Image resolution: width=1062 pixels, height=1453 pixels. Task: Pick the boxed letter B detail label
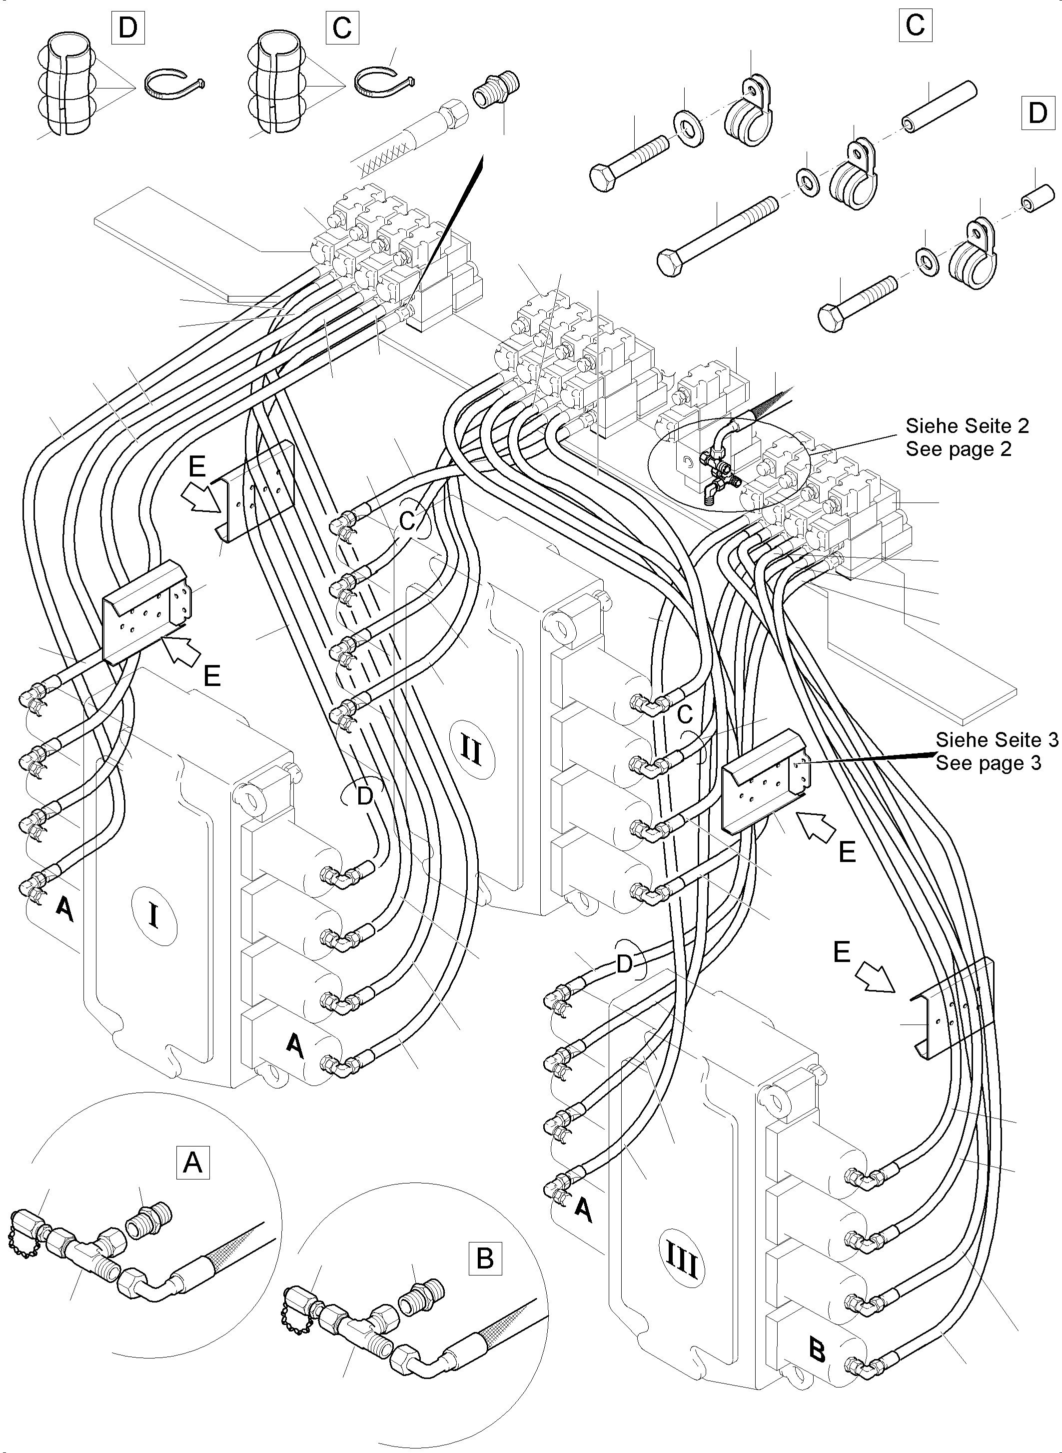click(485, 1257)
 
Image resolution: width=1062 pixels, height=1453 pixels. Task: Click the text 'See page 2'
click(958, 449)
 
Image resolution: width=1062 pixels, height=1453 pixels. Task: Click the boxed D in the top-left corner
click(128, 28)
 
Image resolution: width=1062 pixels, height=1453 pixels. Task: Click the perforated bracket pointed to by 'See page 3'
click(766, 781)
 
